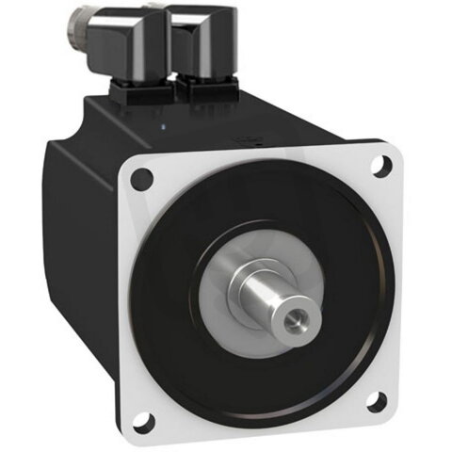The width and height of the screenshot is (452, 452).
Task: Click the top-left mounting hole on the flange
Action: (x=142, y=176)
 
